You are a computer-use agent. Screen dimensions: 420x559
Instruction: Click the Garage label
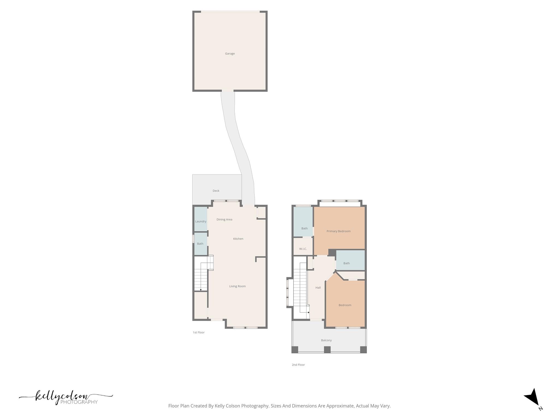tap(230, 54)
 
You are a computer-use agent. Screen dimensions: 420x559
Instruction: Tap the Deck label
tap(216, 191)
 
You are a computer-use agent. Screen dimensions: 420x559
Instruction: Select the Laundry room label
tap(201, 221)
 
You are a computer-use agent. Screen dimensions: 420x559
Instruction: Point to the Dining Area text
tap(224, 220)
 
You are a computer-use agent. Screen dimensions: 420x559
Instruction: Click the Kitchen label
tap(238, 239)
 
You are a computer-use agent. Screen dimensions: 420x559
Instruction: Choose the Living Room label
tap(237, 286)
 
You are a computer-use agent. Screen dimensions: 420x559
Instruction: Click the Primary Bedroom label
tap(338, 231)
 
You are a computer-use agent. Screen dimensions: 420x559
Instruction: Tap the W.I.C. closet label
tap(303, 249)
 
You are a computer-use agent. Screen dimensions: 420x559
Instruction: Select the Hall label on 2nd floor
tap(318, 288)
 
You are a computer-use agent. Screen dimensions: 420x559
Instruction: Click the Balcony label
tap(326, 340)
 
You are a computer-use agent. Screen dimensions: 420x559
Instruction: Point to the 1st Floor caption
tap(199, 332)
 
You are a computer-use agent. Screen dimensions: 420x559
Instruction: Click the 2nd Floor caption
tap(298, 365)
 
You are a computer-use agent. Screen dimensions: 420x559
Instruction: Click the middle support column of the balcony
tap(327, 349)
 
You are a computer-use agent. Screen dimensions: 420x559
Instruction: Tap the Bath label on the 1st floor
tap(200, 244)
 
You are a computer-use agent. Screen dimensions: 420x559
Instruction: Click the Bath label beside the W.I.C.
tap(304, 229)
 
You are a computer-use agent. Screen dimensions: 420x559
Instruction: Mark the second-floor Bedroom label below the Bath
tap(345, 305)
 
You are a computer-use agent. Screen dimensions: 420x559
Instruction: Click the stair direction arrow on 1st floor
tap(201, 290)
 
